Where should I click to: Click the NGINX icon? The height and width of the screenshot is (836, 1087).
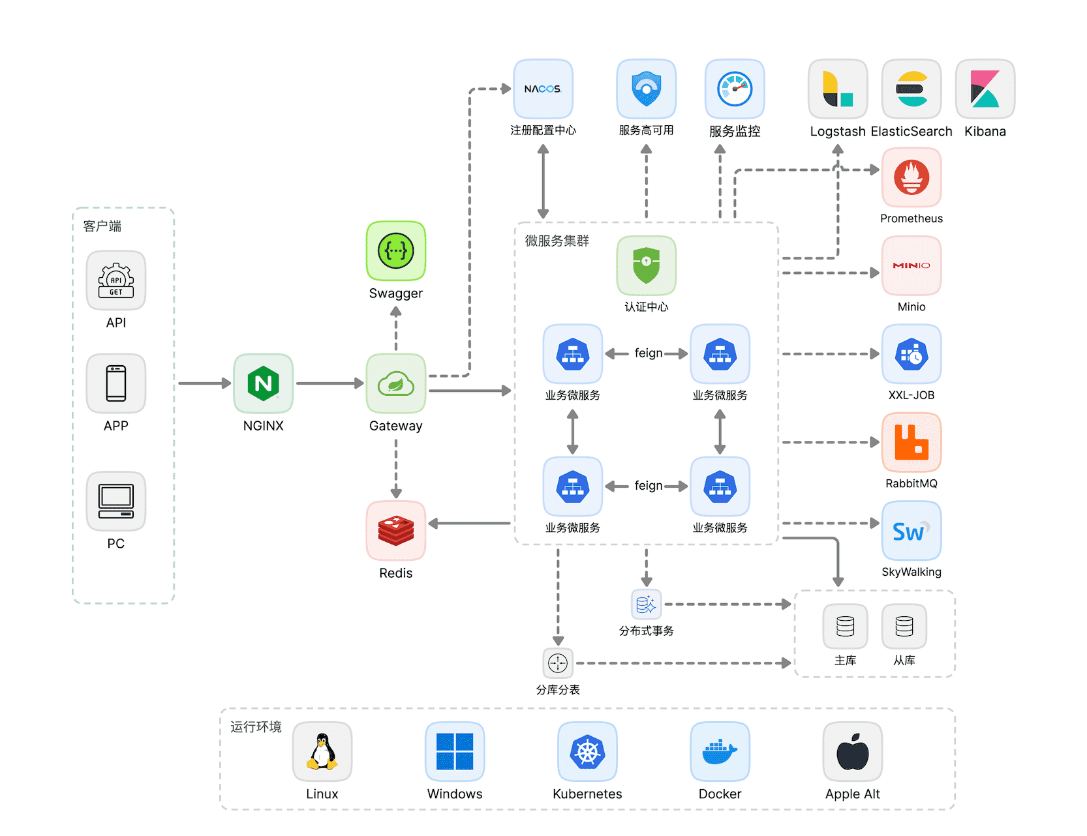(x=263, y=383)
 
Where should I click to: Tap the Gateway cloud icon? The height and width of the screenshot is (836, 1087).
(x=395, y=383)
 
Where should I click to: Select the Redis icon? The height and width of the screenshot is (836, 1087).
(x=395, y=530)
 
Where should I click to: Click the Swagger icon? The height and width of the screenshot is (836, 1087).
(x=395, y=251)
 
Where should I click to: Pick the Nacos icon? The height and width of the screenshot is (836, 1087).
(x=543, y=89)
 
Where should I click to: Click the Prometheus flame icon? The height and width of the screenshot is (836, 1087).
(x=911, y=177)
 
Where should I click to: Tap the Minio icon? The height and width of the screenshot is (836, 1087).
(x=911, y=265)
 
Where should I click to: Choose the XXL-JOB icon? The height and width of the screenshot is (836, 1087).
(x=911, y=354)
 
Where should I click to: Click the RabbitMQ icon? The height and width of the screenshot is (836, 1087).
(x=911, y=442)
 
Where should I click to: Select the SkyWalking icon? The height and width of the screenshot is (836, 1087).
(x=911, y=531)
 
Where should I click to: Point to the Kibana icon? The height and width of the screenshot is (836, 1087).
(x=985, y=89)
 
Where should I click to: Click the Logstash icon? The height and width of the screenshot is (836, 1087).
(x=838, y=89)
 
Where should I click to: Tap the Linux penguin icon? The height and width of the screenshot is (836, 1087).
(x=322, y=751)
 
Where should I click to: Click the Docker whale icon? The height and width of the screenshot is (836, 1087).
(x=720, y=751)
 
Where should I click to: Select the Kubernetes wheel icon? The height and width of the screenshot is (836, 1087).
(x=587, y=751)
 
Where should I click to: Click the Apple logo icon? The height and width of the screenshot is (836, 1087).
(x=852, y=751)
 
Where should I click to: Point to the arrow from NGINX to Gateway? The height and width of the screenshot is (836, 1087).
(x=329, y=383)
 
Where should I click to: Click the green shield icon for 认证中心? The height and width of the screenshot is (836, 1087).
(x=646, y=265)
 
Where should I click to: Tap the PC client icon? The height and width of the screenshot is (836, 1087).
(x=116, y=501)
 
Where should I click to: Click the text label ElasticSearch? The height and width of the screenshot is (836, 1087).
(x=911, y=131)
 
